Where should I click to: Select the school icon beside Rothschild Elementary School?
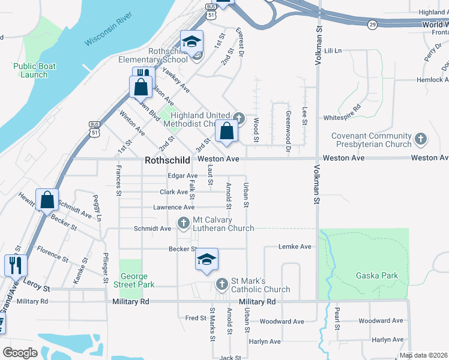point(192,42)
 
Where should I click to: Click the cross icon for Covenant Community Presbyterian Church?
point(421,140)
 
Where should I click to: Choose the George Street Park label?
point(137,280)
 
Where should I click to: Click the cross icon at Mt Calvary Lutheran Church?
point(184,224)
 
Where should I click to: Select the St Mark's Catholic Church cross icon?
point(222,282)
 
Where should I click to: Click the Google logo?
point(20,353)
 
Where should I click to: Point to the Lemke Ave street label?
point(295,247)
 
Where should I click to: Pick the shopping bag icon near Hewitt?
point(47,200)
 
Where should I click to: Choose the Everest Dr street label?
point(240,42)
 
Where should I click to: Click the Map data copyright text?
point(424,355)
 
